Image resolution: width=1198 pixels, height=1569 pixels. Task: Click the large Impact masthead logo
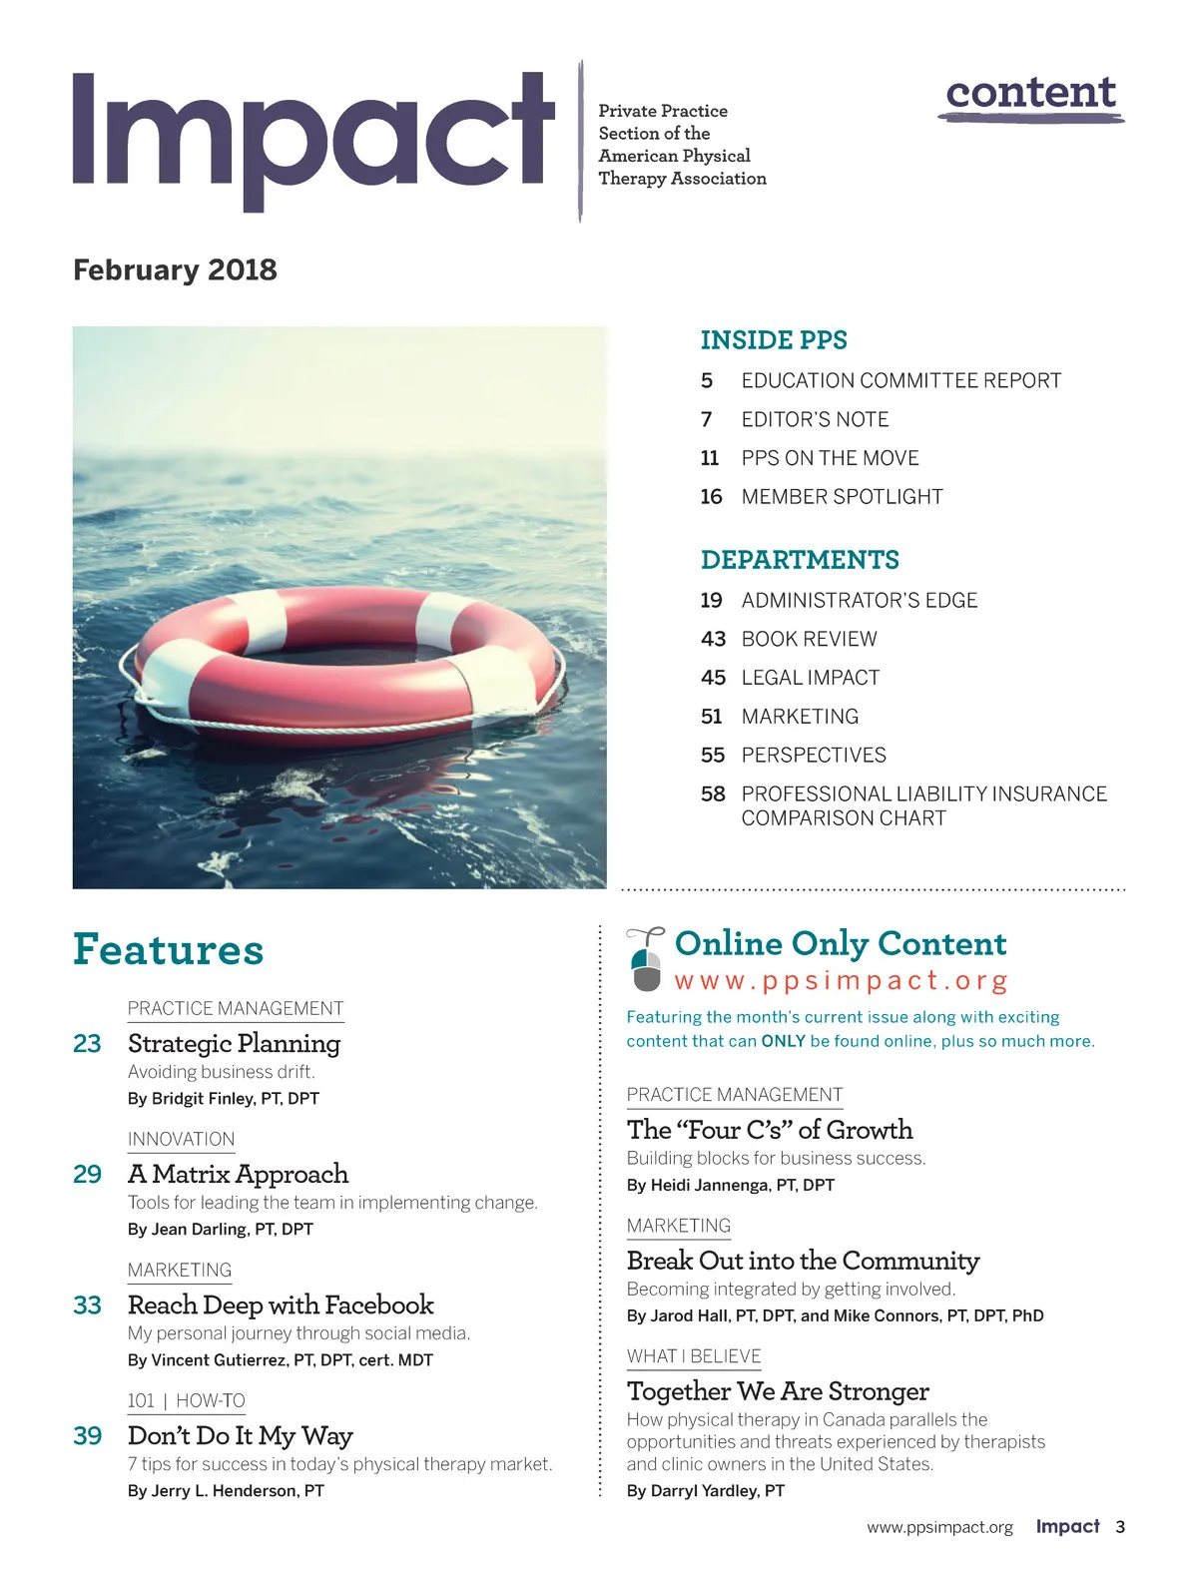click(x=312, y=135)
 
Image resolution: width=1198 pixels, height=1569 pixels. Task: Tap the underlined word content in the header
click(x=1030, y=93)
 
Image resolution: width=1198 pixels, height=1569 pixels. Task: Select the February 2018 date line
click(x=175, y=270)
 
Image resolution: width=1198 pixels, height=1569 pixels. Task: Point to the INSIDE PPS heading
click(x=774, y=340)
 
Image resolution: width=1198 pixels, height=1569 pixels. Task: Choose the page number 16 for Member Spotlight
click(x=711, y=497)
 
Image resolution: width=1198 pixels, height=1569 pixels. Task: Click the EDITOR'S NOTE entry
click(x=815, y=420)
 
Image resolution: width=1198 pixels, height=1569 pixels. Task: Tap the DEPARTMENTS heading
click(x=800, y=560)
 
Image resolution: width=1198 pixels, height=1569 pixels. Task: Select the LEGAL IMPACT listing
click(x=810, y=678)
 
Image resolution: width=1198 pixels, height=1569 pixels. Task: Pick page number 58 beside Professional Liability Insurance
click(x=713, y=794)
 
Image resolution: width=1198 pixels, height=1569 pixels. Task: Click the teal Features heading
click(x=168, y=949)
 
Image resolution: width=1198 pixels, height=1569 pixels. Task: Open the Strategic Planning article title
click(x=234, y=1044)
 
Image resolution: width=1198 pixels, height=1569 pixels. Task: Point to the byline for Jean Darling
click(x=221, y=1230)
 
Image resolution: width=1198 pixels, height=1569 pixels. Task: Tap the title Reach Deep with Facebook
click(x=281, y=1306)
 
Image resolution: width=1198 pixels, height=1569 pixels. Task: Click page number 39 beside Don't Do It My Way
click(x=88, y=1436)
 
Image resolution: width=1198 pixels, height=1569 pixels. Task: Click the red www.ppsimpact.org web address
click(x=841, y=981)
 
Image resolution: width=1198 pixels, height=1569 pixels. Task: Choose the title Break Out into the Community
click(x=803, y=1262)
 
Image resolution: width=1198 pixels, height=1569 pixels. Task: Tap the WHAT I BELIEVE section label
click(x=694, y=1356)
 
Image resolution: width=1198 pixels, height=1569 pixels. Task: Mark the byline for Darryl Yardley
click(x=706, y=1491)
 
